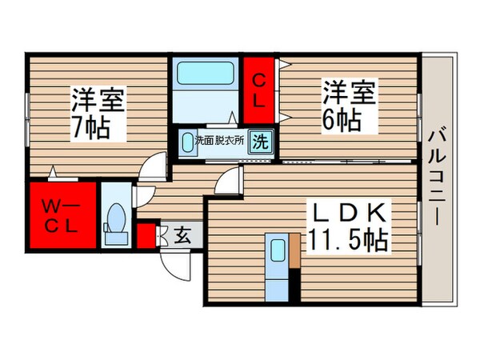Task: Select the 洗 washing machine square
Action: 259,142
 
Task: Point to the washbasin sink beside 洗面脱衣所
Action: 189,142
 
